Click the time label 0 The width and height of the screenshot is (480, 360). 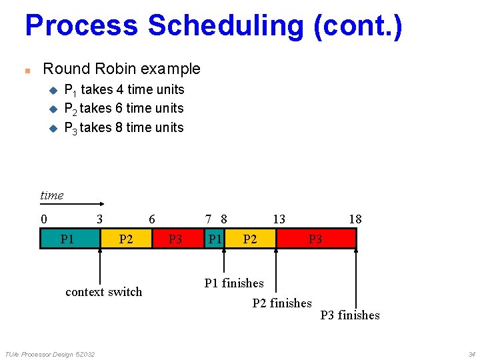(x=43, y=219)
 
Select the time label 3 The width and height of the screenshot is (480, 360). (x=99, y=219)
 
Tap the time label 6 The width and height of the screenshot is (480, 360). (x=152, y=219)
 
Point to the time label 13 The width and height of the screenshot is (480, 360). (x=279, y=219)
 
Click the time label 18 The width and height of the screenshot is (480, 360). (x=355, y=219)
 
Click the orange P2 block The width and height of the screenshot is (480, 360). (x=126, y=239)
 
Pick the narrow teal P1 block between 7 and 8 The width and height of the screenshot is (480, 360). (x=215, y=239)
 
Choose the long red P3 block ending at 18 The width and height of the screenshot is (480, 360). (x=315, y=239)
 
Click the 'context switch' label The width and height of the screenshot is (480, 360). (x=103, y=292)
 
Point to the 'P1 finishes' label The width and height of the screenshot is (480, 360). (x=233, y=283)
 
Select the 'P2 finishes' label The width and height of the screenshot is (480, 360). (x=282, y=303)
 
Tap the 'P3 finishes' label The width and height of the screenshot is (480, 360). (x=350, y=315)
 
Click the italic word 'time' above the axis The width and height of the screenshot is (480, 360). (x=52, y=195)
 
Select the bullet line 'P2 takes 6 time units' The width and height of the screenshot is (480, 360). (x=123, y=108)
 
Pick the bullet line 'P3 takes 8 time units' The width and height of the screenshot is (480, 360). (x=123, y=127)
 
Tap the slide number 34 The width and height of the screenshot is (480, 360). (x=471, y=354)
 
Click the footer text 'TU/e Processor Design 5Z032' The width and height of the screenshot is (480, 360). (x=50, y=354)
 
